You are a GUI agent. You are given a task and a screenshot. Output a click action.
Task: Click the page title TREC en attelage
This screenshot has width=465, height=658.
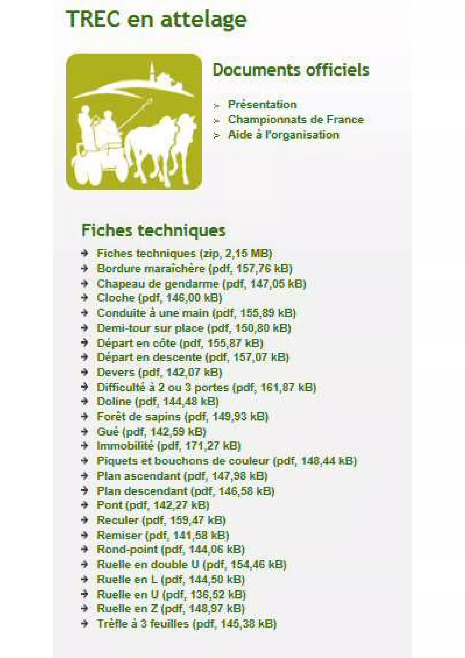[156, 20]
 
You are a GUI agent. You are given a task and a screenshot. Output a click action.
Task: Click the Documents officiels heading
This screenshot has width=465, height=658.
[291, 70]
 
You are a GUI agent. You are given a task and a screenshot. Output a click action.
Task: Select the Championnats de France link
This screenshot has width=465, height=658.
[295, 119]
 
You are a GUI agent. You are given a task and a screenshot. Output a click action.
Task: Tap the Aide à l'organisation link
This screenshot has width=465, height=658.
[283, 135]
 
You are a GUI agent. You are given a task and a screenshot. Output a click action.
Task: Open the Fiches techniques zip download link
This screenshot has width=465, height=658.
[184, 254]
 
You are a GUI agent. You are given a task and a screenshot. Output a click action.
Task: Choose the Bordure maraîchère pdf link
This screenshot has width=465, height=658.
[194, 269]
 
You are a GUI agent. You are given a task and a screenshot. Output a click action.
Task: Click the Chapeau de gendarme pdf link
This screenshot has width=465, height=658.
[201, 284]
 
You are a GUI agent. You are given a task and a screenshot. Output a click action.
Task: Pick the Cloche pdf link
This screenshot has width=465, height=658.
[159, 298]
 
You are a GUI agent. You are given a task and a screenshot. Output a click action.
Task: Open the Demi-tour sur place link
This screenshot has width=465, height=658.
[194, 328]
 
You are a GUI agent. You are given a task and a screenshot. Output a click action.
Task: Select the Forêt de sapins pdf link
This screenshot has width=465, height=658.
[182, 417]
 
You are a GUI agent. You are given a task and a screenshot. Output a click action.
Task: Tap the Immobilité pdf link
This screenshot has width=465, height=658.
[168, 446]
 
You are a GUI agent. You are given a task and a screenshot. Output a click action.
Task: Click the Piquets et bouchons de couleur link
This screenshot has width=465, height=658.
[226, 461]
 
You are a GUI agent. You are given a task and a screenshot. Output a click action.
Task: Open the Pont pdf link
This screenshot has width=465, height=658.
[153, 505]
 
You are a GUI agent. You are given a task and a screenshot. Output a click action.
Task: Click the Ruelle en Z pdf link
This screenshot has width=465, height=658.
[171, 609]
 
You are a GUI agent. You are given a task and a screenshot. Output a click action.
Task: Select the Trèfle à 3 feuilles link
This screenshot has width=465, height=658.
[186, 624]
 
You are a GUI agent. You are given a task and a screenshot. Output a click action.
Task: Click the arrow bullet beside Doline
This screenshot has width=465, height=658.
[84, 401]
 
